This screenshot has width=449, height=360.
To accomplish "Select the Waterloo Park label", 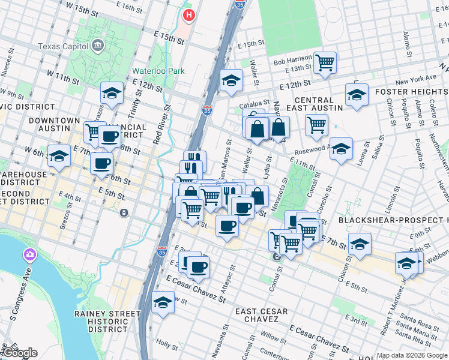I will pos(158,70).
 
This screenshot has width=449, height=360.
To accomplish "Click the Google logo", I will pos(20,353).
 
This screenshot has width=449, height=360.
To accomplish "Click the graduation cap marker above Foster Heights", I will pos(357,95).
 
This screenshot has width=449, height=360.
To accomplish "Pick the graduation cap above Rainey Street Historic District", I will pos(162,303).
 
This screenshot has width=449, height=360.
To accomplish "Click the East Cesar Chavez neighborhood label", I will pos(261,316).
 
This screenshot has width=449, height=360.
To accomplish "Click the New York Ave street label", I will pos(415,79).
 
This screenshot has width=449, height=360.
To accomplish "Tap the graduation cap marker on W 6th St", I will pos(58,156).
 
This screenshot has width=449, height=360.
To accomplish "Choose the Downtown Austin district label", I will pos(55,125).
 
